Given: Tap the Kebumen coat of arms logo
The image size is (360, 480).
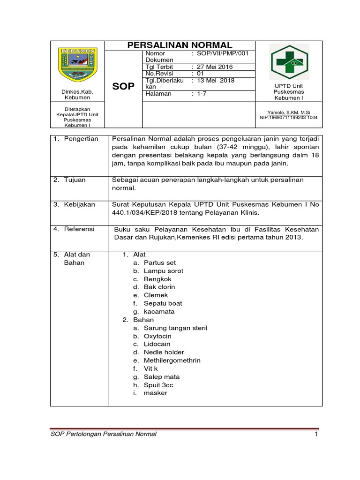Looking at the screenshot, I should (77, 64).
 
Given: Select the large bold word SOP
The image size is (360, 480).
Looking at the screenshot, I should (124, 87).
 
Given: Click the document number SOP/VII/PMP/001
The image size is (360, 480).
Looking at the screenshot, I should (222, 54).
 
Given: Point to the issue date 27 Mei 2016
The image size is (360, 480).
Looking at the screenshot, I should (216, 67).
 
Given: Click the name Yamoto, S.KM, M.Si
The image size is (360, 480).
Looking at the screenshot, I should (288, 112).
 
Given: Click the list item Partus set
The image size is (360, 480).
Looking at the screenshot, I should (160, 262).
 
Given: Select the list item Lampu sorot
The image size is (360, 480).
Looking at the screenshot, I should (164, 271).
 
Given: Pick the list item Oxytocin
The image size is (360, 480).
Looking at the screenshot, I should (157, 336).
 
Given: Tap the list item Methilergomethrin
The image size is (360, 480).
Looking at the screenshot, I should (172, 360).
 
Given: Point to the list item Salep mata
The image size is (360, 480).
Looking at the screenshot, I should (162, 377).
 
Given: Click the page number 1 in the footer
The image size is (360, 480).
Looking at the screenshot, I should (316, 435).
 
